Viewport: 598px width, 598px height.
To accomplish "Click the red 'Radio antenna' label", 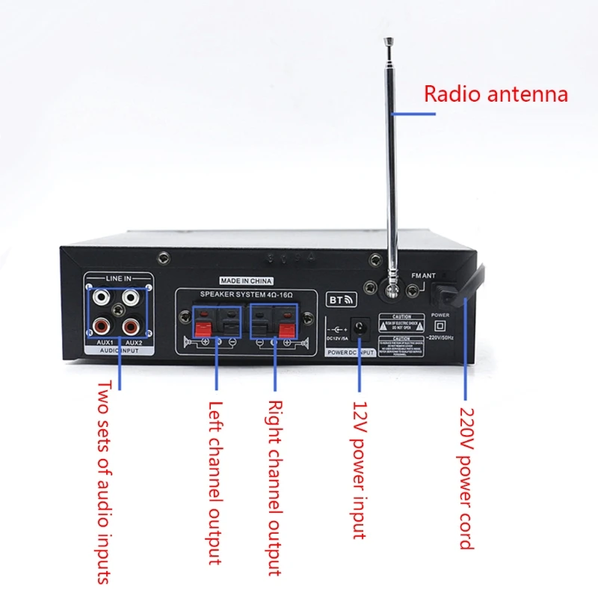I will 496,94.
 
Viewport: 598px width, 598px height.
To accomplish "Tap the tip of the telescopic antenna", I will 387,42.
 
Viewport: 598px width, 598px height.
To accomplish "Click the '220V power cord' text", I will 466,478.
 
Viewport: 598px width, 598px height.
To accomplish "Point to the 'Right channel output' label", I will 274,487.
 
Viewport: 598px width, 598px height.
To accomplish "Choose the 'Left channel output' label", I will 215,483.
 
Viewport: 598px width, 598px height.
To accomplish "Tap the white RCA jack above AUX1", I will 99,298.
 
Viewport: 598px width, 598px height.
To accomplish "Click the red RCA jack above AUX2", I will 132,325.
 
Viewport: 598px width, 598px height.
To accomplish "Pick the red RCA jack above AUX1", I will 99,325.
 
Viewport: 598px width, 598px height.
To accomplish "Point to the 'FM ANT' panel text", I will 423,276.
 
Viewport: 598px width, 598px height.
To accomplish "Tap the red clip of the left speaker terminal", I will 201,327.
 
